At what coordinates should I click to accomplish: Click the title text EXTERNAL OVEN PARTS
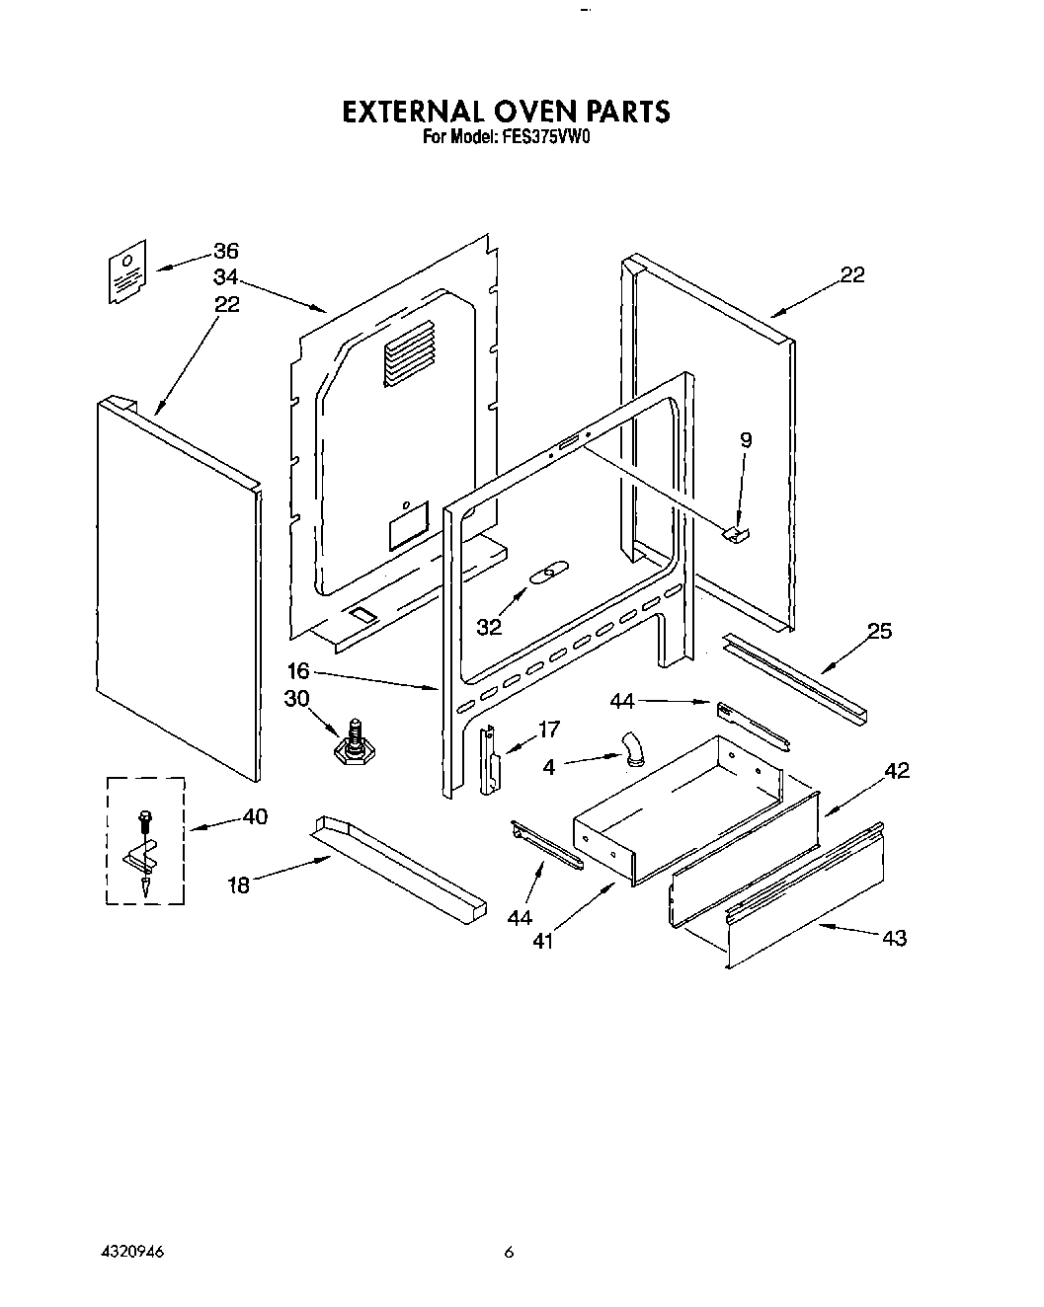pos(506,112)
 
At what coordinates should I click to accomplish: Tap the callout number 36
pos(226,252)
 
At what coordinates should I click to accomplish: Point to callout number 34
pos(226,278)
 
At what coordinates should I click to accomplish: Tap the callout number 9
pos(746,440)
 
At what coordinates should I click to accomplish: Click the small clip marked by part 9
pos(737,533)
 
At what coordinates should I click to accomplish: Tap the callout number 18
pos(238,884)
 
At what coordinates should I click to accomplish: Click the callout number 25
pos(879,631)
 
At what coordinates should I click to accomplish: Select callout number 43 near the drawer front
pos(894,938)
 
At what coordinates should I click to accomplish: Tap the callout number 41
pos(542,941)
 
